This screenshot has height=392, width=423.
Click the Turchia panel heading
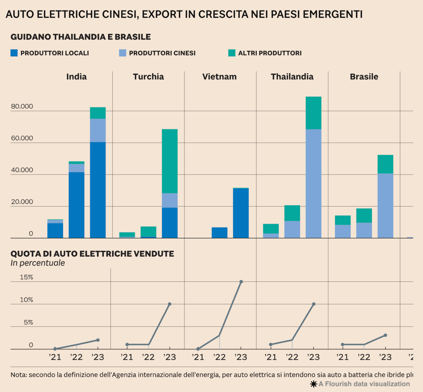click(148, 77)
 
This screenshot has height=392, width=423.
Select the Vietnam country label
click(219, 77)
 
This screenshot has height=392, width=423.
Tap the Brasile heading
click(364, 77)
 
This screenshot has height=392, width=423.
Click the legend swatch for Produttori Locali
click(14, 53)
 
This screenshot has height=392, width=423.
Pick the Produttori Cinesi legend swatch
click(123, 53)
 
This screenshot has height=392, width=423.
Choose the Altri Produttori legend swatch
click(232, 53)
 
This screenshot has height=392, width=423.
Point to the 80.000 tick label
click(22, 106)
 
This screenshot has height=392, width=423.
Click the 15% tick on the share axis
click(27, 277)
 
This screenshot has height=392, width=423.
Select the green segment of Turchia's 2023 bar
click(170, 161)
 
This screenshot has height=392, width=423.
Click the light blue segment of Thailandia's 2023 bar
click(314, 184)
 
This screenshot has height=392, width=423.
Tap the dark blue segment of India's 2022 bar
click(77, 205)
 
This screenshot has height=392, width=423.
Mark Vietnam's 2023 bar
click(241, 213)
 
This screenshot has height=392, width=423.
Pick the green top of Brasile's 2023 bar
click(386, 164)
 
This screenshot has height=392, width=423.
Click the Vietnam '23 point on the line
click(241, 282)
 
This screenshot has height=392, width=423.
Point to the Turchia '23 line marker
click(170, 304)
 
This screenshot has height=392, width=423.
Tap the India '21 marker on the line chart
click(55, 349)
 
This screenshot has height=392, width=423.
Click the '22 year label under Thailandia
click(292, 357)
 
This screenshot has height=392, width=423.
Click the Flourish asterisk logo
click(314, 384)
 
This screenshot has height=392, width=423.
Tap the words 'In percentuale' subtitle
click(38, 263)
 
